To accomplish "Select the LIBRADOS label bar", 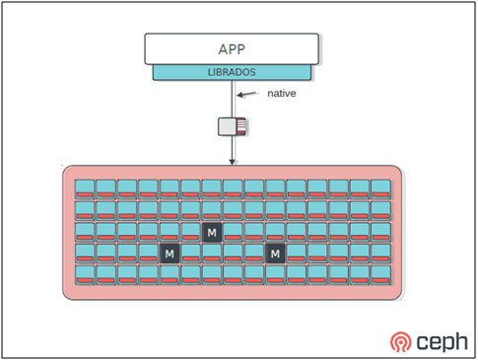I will (x=233, y=72).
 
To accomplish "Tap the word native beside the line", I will (x=282, y=95).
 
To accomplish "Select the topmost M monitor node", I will (x=211, y=232).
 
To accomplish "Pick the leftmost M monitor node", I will (x=170, y=253).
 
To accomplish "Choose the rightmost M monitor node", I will (x=275, y=253).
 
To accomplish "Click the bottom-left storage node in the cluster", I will (x=85, y=274).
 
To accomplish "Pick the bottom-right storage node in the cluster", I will (x=379, y=274).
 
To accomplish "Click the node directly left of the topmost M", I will (x=190, y=232).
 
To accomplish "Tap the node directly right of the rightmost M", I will (x=296, y=253).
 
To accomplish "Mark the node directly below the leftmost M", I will (x=170, y=274).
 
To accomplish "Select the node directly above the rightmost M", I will (x=275, y=232).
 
